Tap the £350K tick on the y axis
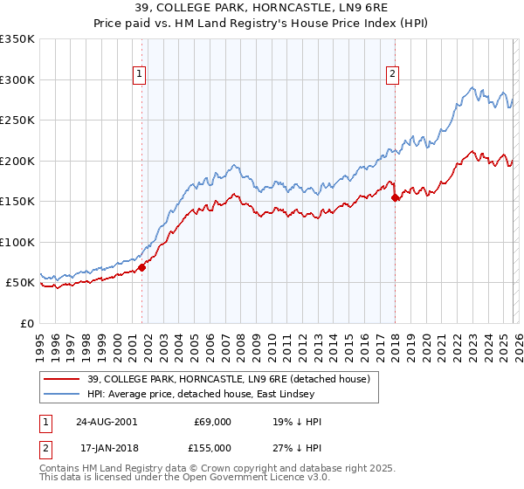coord(17,39)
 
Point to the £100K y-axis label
coord(17,242)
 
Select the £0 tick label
coord(28,323)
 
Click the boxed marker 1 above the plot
coord(141,75)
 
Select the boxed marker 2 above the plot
coord(394,75)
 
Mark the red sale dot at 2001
coord(141,267)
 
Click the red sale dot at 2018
coord(395,198)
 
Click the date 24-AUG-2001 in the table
coord(107,422)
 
